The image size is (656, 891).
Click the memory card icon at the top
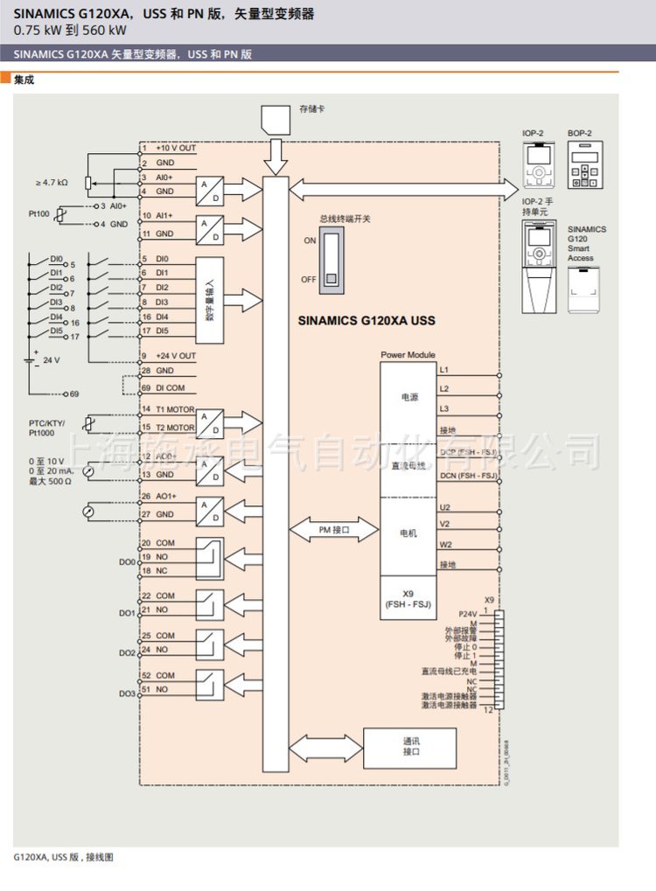click(276, 121)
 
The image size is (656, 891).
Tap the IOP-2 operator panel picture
click(539, 164)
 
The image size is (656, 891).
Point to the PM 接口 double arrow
click(333, 530)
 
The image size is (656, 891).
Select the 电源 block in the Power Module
click(409, 397)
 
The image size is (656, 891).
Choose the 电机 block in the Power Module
click(409, 533)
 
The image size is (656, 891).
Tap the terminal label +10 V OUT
click(176, 149)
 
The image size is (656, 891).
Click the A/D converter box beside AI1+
click(209, 228)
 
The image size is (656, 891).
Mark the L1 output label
click(444, 371)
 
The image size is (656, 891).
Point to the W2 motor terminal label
click(445, 544)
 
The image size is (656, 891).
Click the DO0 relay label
click(127, 562)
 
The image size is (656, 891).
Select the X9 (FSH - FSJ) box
click(408, 599)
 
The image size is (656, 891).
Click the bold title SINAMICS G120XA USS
click(366, 321)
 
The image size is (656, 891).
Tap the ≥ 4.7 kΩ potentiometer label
click(52, 183)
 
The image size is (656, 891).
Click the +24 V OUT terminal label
click(176, 356)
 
